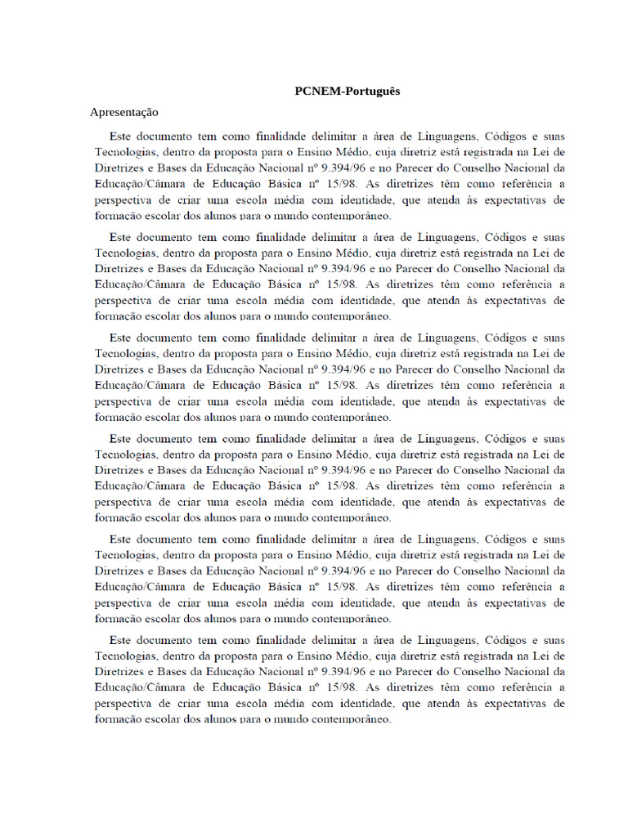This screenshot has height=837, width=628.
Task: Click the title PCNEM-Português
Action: pos(348,91)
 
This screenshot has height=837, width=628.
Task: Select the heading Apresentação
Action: pos(123,112)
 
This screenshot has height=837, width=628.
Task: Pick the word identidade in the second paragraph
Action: pos(367,301)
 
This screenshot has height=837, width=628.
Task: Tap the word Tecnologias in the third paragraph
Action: pos(125,354)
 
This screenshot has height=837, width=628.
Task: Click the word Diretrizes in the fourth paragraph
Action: pos(120,471)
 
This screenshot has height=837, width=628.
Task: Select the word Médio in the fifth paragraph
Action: pos(347,556)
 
